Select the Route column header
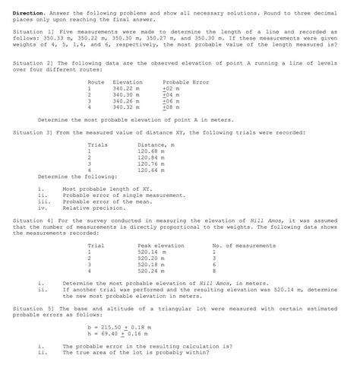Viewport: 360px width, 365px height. click(96, 81)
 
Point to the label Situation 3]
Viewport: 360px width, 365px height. click(32, 132)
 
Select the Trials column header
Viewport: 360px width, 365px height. click(98, 144)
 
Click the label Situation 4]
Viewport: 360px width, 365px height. click(32, 220)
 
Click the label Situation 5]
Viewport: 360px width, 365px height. click(32, 308)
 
